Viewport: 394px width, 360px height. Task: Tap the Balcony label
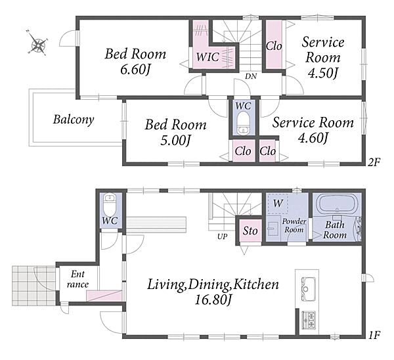[74, 120]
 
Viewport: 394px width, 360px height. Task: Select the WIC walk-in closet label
[208, 56]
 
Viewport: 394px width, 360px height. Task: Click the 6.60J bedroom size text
[135, 70]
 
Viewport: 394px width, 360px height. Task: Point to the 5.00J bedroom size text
[175, 141]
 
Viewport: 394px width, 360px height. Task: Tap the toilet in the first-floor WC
[110, 204]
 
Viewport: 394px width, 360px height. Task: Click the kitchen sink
[308, 288]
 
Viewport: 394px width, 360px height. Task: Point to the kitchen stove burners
[309, 319]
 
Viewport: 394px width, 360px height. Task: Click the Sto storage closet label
[250, 231]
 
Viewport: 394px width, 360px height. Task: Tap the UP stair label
[223, 236]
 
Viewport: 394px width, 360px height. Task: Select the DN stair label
[251, 76]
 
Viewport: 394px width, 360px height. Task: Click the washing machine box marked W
[278, 204]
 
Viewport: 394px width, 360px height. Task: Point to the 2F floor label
[374, 162]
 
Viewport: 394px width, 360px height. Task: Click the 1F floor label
[374, 335]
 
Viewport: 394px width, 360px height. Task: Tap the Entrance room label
[77, 279]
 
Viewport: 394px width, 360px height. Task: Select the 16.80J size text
[213, 299]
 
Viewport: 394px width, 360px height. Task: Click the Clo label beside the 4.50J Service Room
[274, 46]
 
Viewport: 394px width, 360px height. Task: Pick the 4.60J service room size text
[313, 137]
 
